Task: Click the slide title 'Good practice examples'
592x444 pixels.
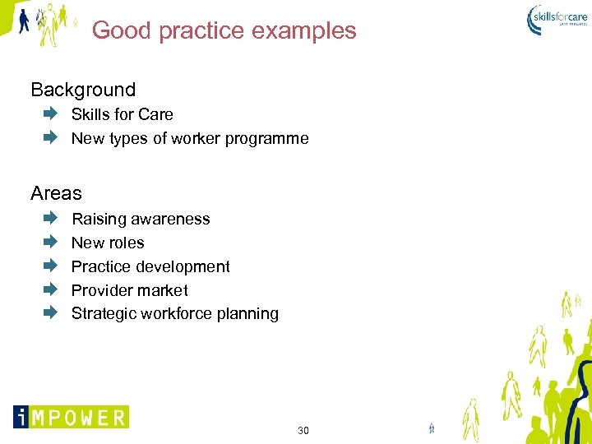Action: (224, 30)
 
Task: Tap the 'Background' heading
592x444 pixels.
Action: (83, 90)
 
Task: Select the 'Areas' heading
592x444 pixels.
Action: (57, 193)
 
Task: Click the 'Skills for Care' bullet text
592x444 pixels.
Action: (122, 114)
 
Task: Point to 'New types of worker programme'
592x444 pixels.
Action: (190, 138)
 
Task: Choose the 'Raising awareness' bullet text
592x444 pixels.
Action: (141, 219)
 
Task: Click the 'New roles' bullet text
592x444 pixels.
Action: (108, 243)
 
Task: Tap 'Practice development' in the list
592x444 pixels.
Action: (150, 266)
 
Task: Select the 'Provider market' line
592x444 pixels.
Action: (129, 290)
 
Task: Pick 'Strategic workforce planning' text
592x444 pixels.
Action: (174, 313)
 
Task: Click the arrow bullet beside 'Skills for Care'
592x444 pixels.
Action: (50, 114)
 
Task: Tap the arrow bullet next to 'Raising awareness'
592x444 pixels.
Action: (50, 219)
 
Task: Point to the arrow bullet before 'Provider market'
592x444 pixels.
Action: (50, 289)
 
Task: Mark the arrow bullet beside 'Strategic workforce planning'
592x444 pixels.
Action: (50, 312)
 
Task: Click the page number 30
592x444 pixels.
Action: (303, 431)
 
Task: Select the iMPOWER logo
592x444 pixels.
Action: (71, 417)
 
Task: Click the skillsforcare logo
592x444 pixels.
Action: (557, 19)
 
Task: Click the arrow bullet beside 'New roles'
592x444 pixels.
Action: (50, 242)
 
